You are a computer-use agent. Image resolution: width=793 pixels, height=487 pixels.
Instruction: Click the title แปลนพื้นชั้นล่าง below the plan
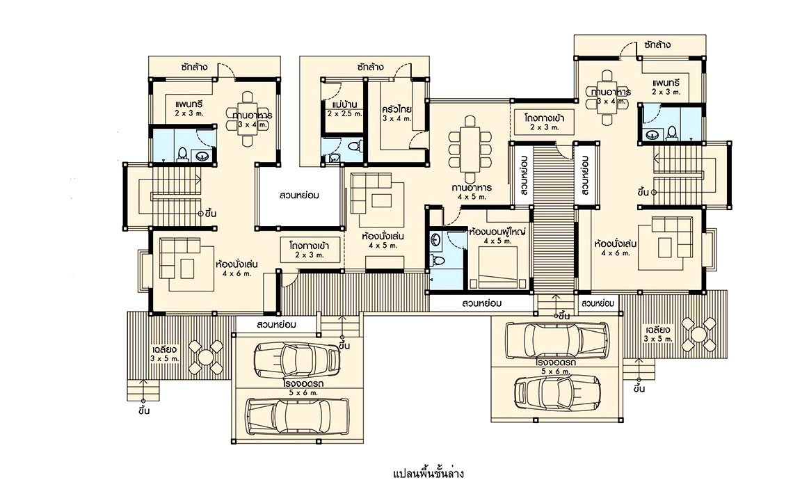(x=428, y=473)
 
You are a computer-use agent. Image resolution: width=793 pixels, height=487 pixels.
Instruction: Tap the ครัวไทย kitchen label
(x=397, y=109)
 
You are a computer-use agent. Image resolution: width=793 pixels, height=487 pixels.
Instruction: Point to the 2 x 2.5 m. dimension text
(x=344, y=114)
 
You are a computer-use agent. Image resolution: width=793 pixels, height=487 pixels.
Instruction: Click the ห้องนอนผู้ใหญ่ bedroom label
(x=497, y=232)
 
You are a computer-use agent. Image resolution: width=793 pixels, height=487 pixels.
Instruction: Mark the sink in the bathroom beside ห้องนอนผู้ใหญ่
(x=436, y=240)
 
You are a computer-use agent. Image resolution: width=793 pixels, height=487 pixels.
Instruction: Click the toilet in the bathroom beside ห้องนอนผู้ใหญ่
(x=437, y=262)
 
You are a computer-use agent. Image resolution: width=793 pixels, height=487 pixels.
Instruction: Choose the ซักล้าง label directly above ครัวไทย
(x=369, y=67)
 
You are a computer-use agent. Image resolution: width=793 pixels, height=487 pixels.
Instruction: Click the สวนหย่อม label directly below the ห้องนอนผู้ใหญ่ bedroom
(x=481, y=303)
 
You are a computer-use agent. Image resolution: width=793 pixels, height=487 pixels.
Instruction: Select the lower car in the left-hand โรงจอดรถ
(x=298, y=416)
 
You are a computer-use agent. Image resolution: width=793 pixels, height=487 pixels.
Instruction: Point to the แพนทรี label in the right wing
(x=666, y=83)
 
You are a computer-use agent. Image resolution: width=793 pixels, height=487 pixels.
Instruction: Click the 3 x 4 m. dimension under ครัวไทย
(x=397, y=119)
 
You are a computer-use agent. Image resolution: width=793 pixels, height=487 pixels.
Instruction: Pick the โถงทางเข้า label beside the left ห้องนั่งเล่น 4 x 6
(x=310, y=246)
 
